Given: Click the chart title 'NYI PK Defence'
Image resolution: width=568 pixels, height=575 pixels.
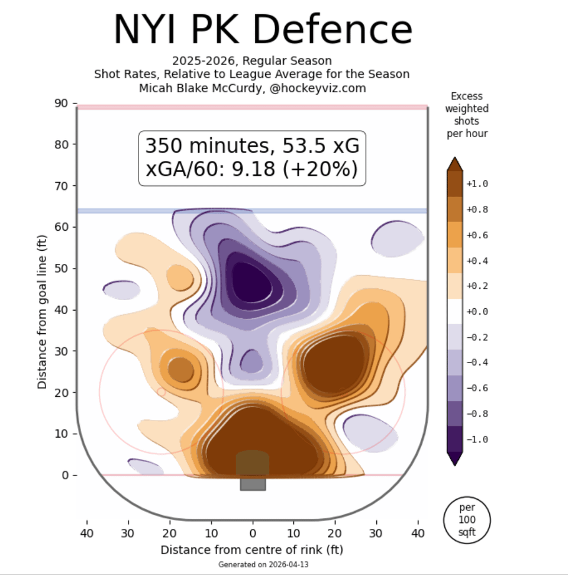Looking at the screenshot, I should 263,28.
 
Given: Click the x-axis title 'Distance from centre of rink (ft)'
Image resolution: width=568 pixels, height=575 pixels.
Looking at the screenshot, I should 252,550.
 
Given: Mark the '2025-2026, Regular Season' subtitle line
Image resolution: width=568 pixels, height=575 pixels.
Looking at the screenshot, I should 252,61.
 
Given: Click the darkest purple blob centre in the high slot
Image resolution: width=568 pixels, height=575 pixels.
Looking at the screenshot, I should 248,278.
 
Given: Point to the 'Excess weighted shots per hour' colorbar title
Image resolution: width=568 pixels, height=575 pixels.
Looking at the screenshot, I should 467,115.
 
